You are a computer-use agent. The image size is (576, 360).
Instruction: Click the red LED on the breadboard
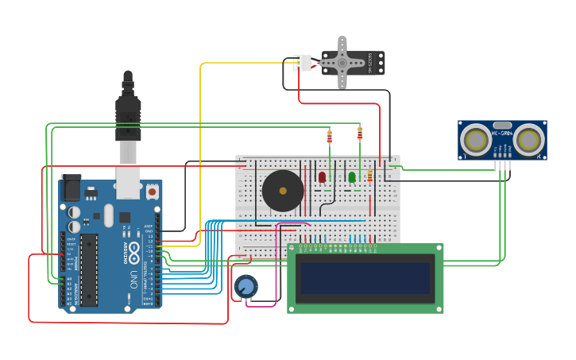coord(322,176)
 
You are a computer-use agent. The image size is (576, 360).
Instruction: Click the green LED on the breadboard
coord(352,176)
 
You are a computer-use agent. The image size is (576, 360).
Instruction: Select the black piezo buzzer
coord(283,190)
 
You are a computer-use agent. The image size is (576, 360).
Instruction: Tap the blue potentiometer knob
coord(245,286)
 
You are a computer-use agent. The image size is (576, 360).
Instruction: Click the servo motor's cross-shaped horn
coord(342,62)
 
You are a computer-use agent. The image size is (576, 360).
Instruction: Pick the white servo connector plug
coord(302,63)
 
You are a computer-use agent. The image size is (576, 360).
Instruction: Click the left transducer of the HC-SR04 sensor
coord(477,140)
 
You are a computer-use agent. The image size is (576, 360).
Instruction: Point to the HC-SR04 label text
coord(502,154)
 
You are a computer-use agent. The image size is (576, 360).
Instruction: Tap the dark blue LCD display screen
coord(365,278)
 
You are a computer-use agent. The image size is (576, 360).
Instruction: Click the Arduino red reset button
coord(152,192)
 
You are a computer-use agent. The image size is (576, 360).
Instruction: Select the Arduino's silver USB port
coord(128,183)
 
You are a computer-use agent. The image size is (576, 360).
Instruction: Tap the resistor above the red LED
coord(330,137)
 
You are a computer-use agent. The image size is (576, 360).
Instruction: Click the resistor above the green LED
coord(360,133)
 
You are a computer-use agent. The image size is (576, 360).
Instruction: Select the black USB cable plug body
coord(128,119)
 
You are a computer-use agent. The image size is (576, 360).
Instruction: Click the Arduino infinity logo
coord(134,254)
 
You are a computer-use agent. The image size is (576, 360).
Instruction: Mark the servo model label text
coord(370,63)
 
